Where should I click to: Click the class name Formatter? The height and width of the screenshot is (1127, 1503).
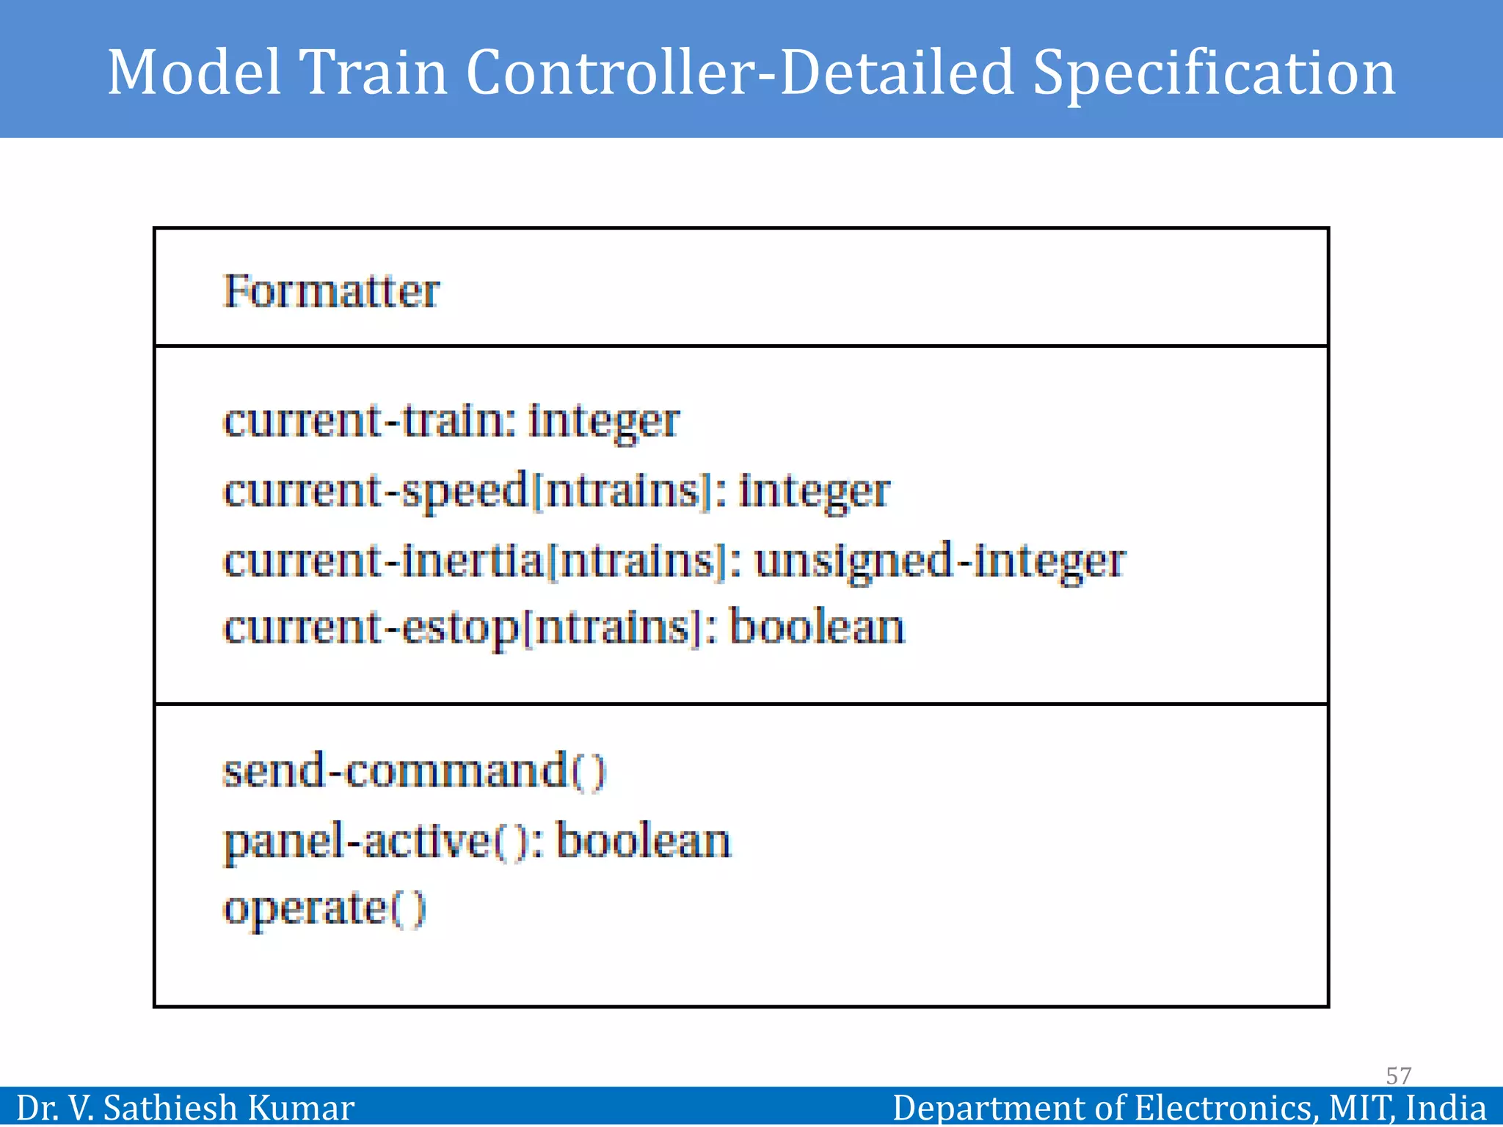click(331, 291)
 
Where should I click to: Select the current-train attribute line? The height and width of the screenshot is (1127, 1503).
click(451, 421)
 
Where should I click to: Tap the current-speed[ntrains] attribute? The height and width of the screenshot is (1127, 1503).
click(469, 490)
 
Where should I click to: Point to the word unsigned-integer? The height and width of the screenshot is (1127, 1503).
click(940, 561)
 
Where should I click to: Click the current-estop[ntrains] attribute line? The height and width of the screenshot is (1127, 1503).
click(564, 628)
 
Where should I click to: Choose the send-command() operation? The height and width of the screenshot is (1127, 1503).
click(415, 770)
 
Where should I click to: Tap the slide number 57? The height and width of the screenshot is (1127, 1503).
click(1398, 1076)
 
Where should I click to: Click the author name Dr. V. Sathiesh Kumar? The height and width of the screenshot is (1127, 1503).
click(185, 1107)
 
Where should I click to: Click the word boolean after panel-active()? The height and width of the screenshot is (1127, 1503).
click(643, 841)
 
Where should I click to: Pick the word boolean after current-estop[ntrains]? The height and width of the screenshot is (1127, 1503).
click(817, 628)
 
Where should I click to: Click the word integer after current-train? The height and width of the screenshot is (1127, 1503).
click(603, 421)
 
